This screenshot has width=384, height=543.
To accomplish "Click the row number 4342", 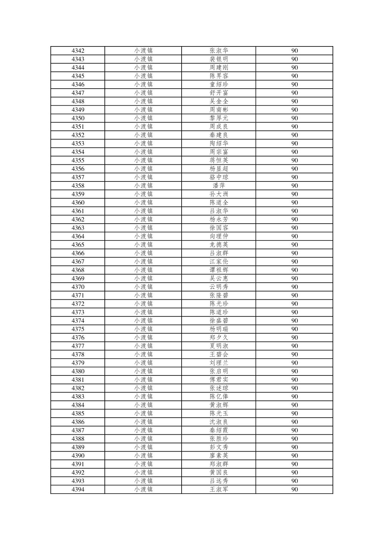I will pos(78,51).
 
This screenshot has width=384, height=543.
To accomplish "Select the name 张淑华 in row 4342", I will pos(219,51).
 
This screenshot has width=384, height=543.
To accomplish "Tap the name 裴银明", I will pos(219,59).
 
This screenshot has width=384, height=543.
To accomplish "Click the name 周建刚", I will pos(219,68).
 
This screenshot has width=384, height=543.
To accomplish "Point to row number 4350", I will pos(78,118).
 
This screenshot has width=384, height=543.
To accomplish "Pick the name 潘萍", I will pos(219,186).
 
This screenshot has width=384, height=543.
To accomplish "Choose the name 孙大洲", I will pos(219,194).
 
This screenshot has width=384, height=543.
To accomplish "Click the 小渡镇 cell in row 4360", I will pos(143,203).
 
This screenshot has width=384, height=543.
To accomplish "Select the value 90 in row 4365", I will pos(294,245).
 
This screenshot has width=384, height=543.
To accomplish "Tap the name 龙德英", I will pos(219,245).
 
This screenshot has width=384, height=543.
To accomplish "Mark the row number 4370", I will pos(78,287).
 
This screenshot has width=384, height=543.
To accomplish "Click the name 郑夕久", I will pos(219,338).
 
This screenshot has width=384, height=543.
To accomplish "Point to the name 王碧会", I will pos(219,354).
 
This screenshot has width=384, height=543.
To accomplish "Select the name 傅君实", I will pos(219,380).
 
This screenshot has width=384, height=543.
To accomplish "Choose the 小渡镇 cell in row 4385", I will pos(143,413).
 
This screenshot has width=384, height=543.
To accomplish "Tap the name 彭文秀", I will pos(219,447).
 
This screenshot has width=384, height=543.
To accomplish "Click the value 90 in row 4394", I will pos(294,489).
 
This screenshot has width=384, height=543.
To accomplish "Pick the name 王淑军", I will pos(219,489).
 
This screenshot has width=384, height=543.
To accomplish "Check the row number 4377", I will pos(78,346).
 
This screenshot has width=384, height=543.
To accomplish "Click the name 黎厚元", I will pos(219,118).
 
